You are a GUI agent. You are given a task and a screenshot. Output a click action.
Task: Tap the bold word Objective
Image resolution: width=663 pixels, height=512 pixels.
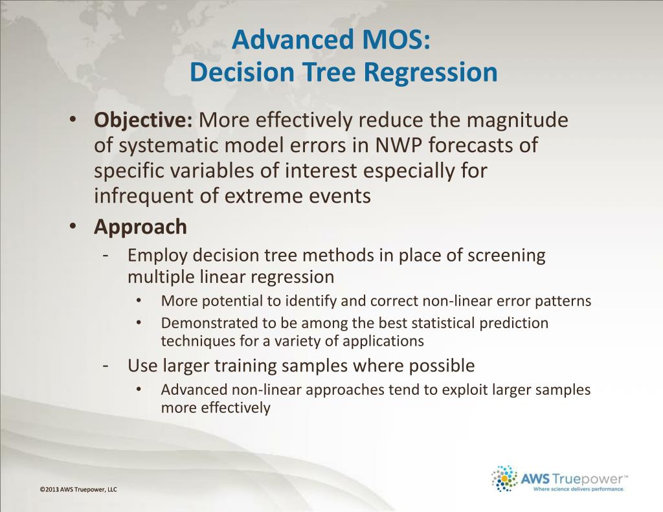143,120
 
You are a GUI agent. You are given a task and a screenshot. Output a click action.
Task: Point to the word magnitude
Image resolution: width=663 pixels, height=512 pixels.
517,120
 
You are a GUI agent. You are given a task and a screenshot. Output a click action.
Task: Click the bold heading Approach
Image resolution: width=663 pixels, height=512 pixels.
140,227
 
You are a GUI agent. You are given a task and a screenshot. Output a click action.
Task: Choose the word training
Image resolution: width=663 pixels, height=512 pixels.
244,366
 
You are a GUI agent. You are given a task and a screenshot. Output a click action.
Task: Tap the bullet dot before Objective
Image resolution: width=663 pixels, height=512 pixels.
73,120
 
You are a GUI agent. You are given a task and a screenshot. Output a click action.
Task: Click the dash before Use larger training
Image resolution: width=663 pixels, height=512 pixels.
107,366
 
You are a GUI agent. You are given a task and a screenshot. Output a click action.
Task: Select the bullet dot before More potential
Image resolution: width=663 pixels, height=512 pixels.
139,300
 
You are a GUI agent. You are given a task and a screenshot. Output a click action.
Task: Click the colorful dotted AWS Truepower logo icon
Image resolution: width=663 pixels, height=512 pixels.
504,478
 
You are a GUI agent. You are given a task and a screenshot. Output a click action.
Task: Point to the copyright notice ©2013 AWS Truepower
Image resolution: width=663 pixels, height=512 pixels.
78,489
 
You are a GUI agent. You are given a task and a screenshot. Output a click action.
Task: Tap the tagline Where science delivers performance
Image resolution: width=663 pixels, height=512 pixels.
578,489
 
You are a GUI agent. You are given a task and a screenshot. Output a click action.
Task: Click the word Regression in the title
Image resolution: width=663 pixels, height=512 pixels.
431,72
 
